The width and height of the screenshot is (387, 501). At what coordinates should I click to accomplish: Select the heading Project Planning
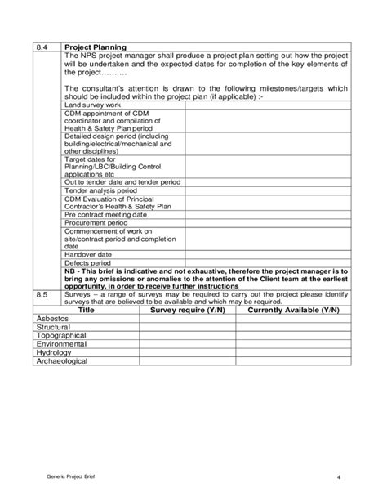pos(95,47)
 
